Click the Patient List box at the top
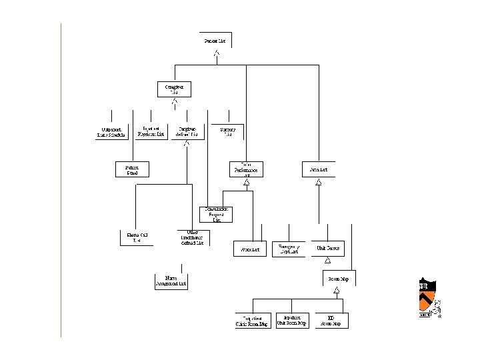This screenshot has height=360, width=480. tap(215, 40)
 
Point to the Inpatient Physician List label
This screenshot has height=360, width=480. tap(151, 131)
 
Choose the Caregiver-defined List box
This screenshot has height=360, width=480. tap(187, 131)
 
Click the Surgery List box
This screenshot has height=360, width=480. tap(228, 132)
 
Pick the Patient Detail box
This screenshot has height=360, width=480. tap(132, 169)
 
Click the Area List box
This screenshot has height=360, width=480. tap(319, 170)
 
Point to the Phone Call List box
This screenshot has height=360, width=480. tap(137, 237)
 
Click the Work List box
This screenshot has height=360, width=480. tap(250, 249)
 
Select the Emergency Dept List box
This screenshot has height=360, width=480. tap(289, 249)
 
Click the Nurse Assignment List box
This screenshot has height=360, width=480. tap(171, 281)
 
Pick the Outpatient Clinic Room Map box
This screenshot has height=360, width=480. tap(253, 321)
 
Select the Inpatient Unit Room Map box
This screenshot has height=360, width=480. tap(291, 321)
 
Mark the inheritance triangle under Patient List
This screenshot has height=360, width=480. tap(215, 53)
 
